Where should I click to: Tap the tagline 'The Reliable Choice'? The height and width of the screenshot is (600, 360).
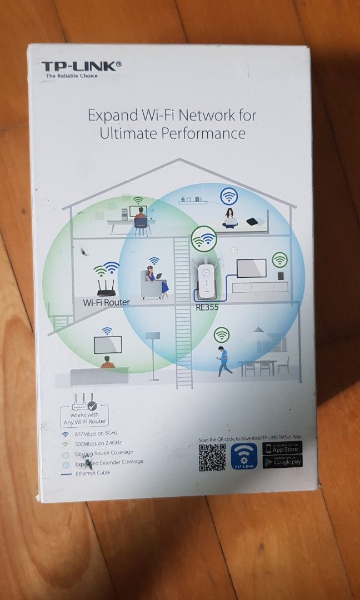click(71, 76)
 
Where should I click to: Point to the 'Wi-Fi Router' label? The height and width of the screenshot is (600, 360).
click(106, 302)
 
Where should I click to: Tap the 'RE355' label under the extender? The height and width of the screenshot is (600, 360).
click(207, 306)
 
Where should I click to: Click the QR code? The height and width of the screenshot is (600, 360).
click(212, 457)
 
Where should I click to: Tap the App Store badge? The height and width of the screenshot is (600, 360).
click(283, 448)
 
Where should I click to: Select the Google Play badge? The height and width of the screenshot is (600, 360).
click(283, 462)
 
